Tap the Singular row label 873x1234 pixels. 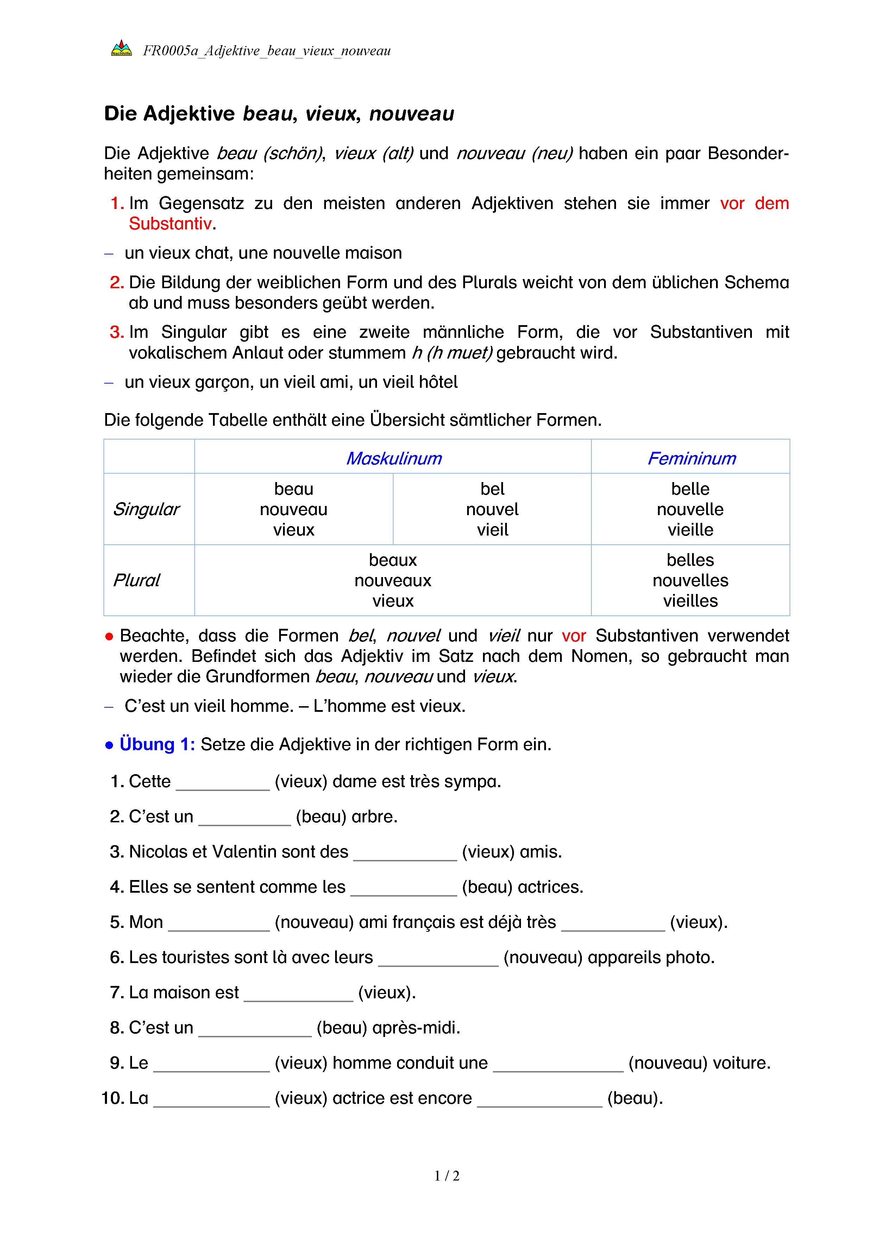[146, 509]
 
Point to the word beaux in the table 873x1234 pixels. [392, 560]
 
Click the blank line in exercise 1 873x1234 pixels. [222, 784]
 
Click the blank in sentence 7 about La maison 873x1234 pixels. [299, 995]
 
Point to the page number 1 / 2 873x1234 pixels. [447, 1176]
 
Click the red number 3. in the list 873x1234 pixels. [117, 332]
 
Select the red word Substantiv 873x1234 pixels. [170, 223]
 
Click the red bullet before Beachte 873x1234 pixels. [109, 636]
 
